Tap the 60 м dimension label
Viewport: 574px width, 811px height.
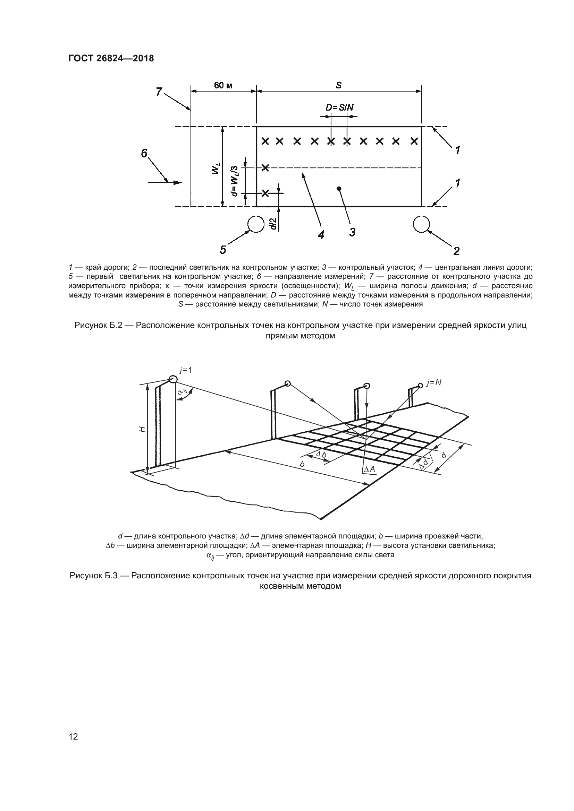223,86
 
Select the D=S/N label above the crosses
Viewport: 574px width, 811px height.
339,107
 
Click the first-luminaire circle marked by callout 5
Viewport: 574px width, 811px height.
256,224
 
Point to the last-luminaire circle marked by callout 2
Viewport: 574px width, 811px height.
421,224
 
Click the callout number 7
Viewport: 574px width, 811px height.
159,92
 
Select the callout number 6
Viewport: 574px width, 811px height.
144,153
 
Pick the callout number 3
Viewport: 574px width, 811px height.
352,232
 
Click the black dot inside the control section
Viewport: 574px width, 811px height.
339,188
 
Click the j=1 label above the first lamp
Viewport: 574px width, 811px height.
186,370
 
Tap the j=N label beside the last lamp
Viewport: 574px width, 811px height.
434,382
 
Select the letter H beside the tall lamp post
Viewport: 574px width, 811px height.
142,429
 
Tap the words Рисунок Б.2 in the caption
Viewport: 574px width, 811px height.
98,325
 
